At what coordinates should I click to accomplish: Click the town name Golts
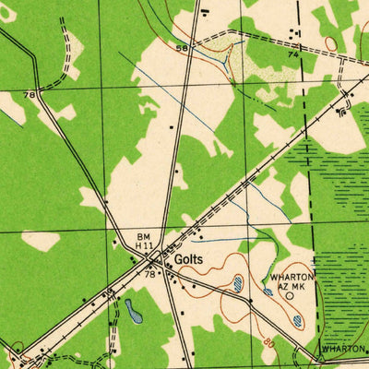click(x=188, y=260)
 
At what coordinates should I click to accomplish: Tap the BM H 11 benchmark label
click(x=145, y=241)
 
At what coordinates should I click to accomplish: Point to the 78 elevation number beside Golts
click(x=149, y=274)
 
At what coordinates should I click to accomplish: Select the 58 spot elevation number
click(x=182, y=46)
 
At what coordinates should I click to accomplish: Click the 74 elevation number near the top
click(x=293, y=55)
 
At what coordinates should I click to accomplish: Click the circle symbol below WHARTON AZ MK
click(x=290, y=296)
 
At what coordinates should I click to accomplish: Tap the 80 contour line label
click(x=268, y=341)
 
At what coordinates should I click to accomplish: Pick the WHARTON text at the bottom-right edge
click(x=343, y=350)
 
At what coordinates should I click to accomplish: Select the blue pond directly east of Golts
click(x=238, y=283)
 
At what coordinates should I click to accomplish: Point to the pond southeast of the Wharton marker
click(x=298, y=321)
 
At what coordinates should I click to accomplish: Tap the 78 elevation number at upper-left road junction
click(x=30, y=94)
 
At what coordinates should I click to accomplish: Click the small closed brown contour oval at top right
click(x=329, y=43)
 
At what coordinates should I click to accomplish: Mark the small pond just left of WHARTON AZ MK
click(x=268, y=292)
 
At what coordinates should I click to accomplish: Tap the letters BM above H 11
click(x=144, y=235)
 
